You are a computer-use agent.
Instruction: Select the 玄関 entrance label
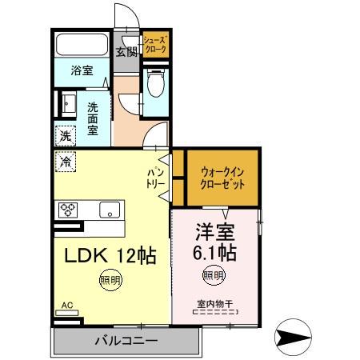[x=126, y=53]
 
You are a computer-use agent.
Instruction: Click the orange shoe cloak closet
[x=154, y=43]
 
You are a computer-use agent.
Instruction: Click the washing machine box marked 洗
[x=64, y=134]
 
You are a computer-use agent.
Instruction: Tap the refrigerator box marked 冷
[x=64, y=162]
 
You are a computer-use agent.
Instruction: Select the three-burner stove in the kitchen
[x=68, y=210]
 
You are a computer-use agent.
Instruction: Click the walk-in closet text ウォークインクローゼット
[x=222, y=176]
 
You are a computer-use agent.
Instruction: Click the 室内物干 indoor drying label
[x=214, y=303]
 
